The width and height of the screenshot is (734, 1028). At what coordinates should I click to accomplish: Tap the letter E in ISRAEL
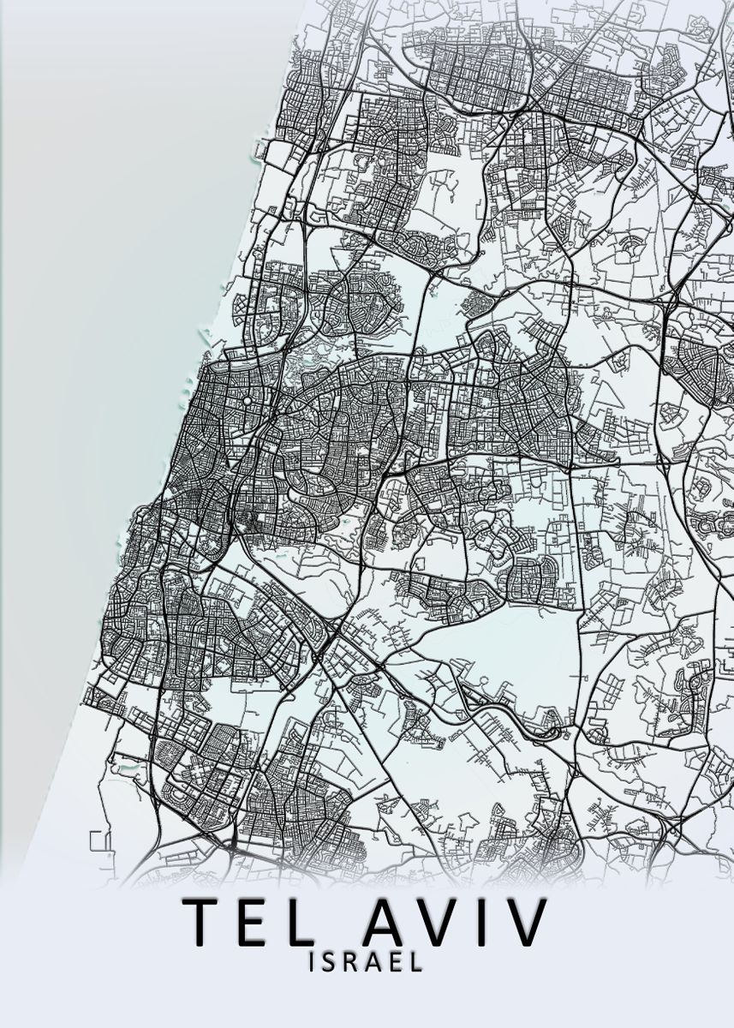(x=397, y=963)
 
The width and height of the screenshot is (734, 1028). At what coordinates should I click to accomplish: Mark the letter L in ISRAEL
(x=417, y=963)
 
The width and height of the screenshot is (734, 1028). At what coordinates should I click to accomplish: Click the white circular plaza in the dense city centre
(x=247, y=401)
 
